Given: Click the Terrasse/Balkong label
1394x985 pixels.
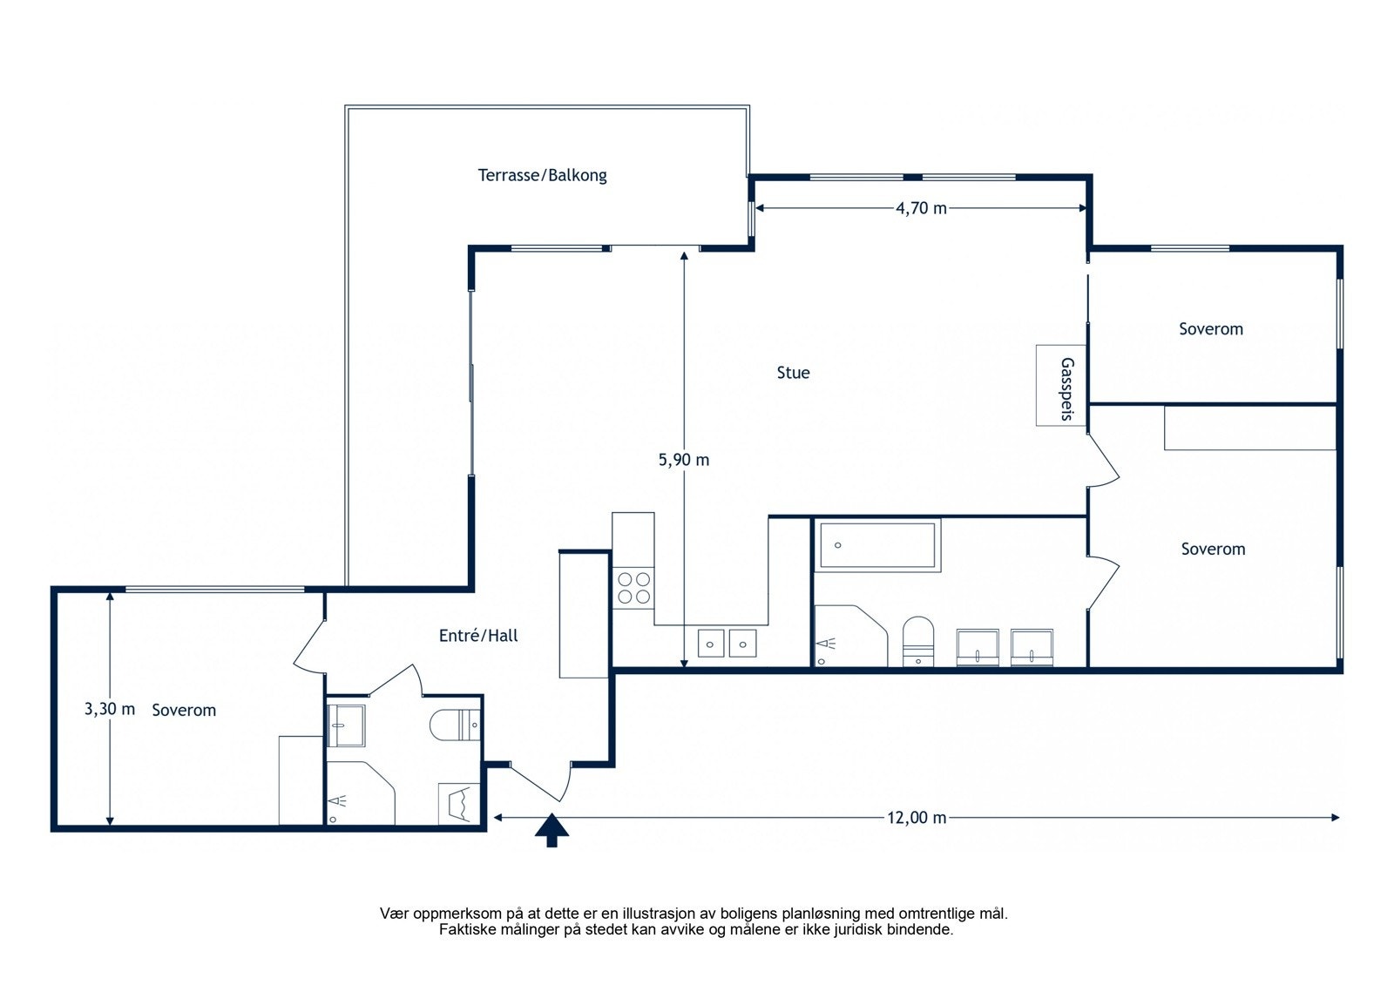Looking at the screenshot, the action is pyautogui.click(x=542, y=175).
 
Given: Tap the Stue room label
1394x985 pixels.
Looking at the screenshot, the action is pyautogui.click(x=793, y=373).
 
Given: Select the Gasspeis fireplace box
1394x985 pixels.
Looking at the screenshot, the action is pyautogui.click(x=1060, y=386).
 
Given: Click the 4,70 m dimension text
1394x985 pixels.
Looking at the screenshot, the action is pyautogui.click(x=921, y=208).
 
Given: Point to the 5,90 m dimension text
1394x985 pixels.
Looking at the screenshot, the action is pyautogui.click(x=683, y=460).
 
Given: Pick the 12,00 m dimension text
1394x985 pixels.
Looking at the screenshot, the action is pyautogui.click(x=916, y=818).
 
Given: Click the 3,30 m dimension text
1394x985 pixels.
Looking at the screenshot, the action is pyautogui.click(x=110, y=709).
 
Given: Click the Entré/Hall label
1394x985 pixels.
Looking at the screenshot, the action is pyautogui.click(x=478, y=635).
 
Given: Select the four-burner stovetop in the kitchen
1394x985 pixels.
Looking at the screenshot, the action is pyautogui.click(x=633, y=588).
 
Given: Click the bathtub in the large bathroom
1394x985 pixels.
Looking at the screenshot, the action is pyautogui.click(x=877, y=545).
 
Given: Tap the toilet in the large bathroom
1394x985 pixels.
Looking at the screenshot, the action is pyautogui.click(x=918, y=641).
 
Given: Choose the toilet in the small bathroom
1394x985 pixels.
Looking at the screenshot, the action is pyautogui.click(x=454, y=725).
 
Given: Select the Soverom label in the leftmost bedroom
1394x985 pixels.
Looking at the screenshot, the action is pyautogui.click(x=184, y=711).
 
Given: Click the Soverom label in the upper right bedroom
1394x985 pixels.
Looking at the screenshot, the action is pyautogui.click(x=1210, y=329).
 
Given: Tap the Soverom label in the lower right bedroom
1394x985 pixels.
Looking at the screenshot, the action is pyautogui.click(x=1213, y=549).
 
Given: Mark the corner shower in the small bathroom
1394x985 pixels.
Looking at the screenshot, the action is pyautogui.click(x=361, y=793).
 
